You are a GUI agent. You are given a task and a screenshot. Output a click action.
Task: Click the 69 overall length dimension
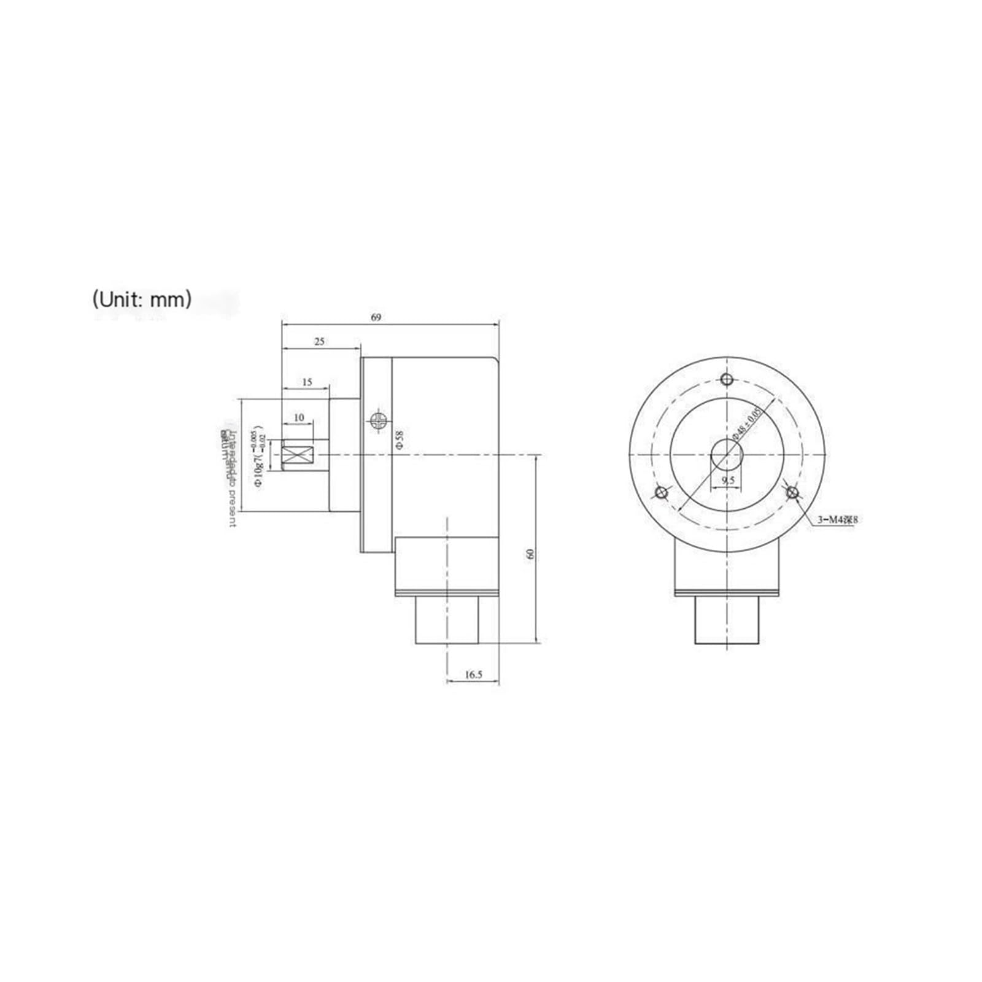pyautogui.click(x=376, y=317)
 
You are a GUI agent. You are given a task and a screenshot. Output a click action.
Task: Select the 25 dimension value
pyautogui.click(x=319, y=342)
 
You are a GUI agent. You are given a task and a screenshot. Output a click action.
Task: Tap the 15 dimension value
pyautogui.click(x=307, y=382)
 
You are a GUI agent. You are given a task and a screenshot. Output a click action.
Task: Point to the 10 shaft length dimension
pyautogui.click(x=299, y=417)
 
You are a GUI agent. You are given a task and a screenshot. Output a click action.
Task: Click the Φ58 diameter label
pyautogui.click(x=400, y=439)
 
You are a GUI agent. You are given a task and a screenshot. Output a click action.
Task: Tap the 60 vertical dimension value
pyautogui.click(x=531, y=553)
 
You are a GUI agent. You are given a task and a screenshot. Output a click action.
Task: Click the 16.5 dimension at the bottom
pyautogui.click(x=473, y=675)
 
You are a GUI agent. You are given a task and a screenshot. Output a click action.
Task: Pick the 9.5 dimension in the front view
pyautogui.click(x=728, y=480)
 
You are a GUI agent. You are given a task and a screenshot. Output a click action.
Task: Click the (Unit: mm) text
pyautogui.click(x=142, y=300)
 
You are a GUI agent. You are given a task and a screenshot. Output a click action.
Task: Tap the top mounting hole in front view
pyautogui.click(x=727, y=378)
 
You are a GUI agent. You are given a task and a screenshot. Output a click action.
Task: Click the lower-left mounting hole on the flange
pyautogui.click(x=662, y=492)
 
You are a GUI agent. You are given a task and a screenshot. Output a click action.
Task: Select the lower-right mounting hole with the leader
pyautogui.click(x=792, y=492)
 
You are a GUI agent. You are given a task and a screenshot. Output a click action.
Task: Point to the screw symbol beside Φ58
pyautogui.click(x=378, y=420)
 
